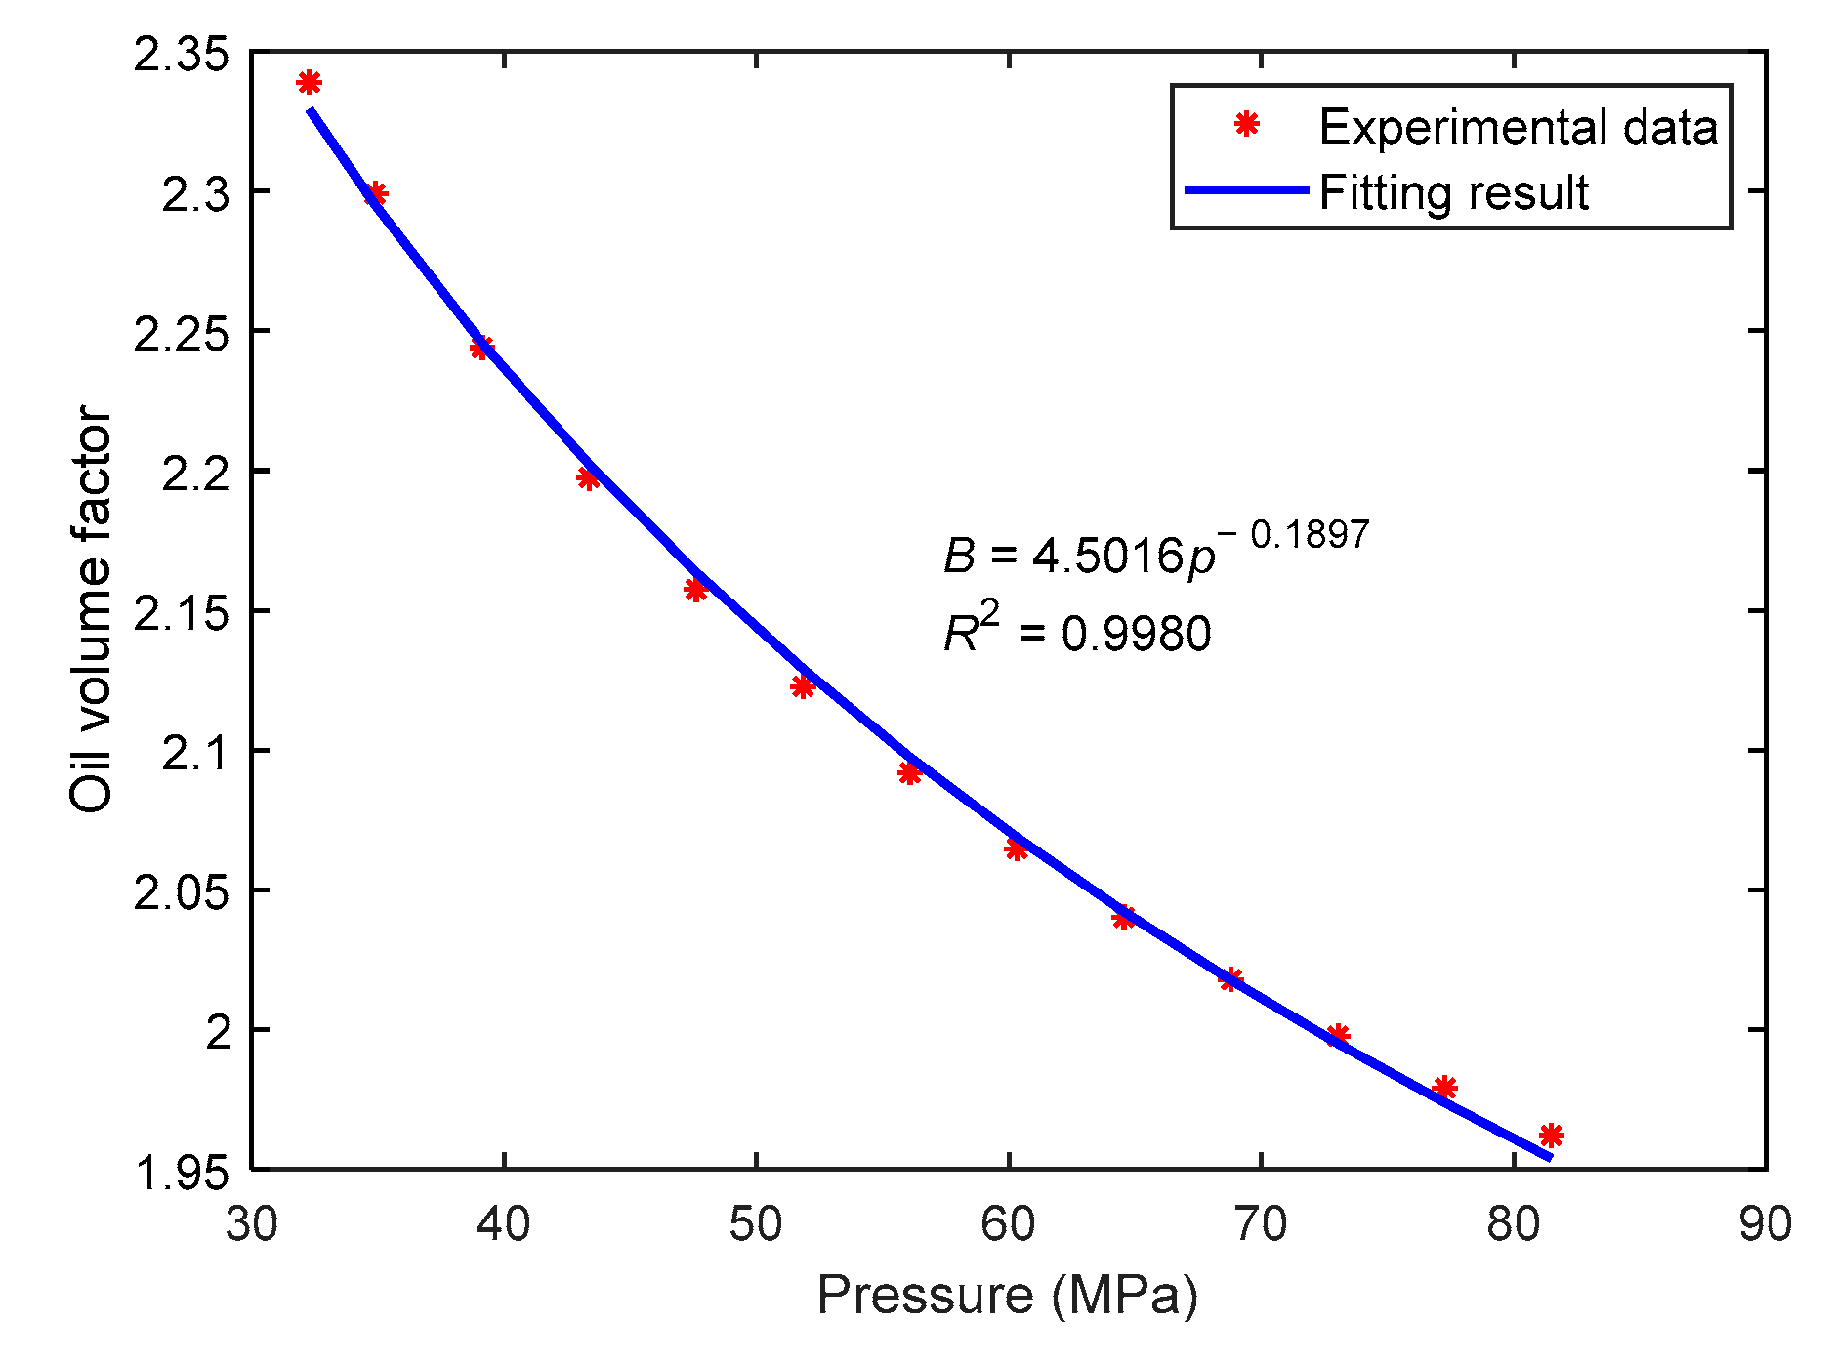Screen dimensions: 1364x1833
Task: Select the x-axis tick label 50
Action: pyautogui.click(x=756, y=1223)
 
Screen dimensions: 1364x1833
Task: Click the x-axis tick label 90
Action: pyautogui.click(x=1765, y=1223)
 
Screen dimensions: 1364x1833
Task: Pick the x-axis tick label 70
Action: pyautogui.click(x=1261, y=1223)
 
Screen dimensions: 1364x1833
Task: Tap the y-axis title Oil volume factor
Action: pyautogui.click(x=92, y=609)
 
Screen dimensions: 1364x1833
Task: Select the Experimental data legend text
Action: pyautogui.click(x=1518, y=127)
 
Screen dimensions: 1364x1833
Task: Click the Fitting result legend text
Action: pyautogui.click(x=1453, y=192)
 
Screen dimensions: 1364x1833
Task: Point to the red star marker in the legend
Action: pyautogui.click(x=1246, y=125)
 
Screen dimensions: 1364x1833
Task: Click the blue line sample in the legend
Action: pyautogui.click(x=1246, y=190)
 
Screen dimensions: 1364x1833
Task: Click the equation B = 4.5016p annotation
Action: pyautogui.click(x=1079, y=557)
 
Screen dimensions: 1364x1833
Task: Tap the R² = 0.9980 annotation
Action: pyautogui.click(x=1077, y=633)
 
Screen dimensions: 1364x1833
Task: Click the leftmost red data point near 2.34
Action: pyautogui.click(x=309, y=83)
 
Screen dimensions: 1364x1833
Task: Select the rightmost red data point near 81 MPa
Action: pyautogui.click(x=1551, y=1135)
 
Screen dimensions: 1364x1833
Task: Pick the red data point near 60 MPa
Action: pyautogui.click(x=1016, y=849)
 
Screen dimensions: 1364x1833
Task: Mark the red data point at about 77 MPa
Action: pyautogui.click(x=1444, y=1088)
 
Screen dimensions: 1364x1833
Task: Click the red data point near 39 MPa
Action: pyautogui.click(x=481, y=348)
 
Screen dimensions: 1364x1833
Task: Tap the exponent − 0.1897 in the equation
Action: pyautogui.click(x=1294, y=534)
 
